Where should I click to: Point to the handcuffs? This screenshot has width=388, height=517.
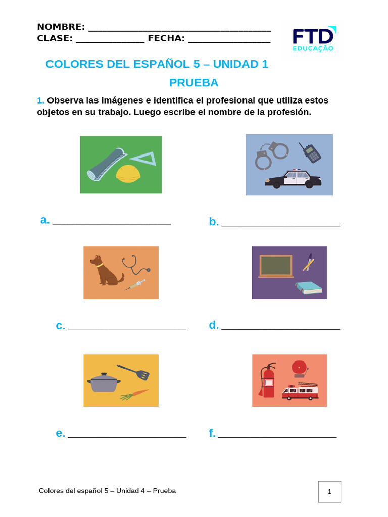[x=270, y=154]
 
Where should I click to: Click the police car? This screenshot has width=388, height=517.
[x=294, y=179]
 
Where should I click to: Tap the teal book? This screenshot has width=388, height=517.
[x=309, y=288]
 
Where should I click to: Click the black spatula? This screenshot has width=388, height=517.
[x=134, y=372]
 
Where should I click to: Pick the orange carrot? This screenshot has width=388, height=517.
[x=135, y=394]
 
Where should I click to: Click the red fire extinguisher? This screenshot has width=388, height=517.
[x=267, y=381]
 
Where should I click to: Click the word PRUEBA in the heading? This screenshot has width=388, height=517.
[x=193, y=83]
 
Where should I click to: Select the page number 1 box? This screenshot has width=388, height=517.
[x=329, y=491]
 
